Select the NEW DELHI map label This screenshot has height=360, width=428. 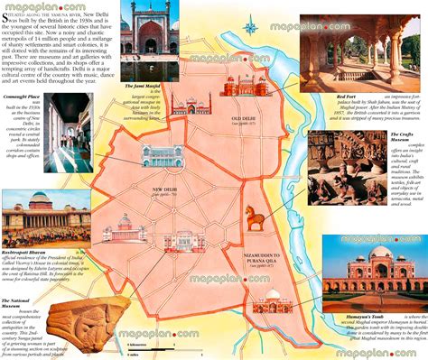164,189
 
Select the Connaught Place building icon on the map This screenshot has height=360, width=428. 161,155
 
